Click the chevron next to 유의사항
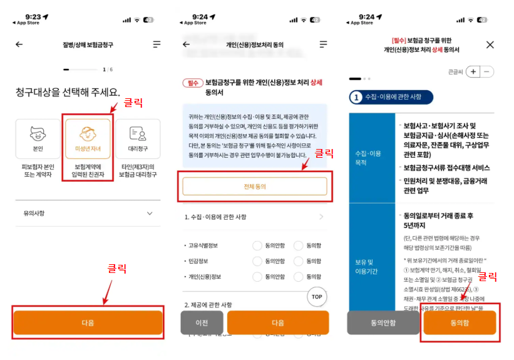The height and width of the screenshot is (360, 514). (150, 213)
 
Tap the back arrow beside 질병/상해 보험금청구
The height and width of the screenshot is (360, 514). (19, 44)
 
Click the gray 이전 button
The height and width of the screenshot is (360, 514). (202, 322)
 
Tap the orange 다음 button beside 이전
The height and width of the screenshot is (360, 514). (277, 322)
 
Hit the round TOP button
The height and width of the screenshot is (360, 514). (317, 296)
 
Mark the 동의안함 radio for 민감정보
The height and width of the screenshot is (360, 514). (257, 261)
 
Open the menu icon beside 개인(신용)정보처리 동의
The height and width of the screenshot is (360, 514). (323, 44)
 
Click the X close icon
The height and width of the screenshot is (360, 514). (490, 44)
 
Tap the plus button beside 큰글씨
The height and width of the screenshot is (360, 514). (473, 71)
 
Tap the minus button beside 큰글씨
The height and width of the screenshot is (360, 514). (488, 71)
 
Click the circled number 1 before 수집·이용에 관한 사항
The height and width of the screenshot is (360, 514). (357, 97)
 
